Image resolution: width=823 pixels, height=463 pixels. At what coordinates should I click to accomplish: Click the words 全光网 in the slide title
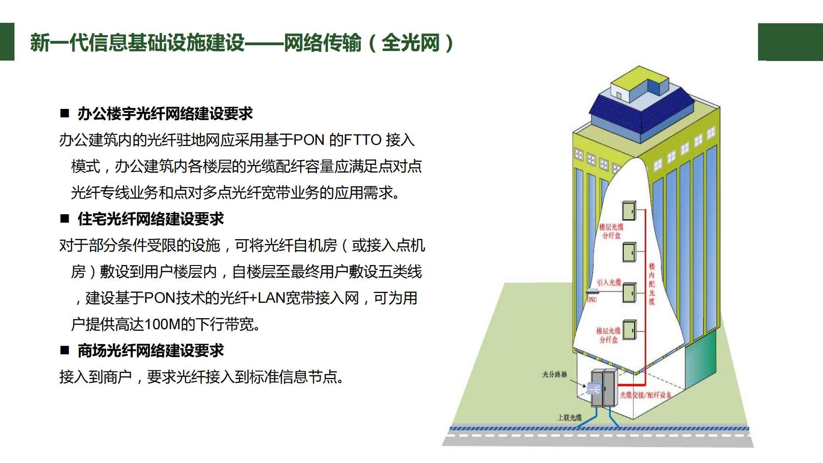[x=410, y=43]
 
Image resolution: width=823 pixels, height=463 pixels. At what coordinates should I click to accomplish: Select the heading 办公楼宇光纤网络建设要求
[x=165, y=114]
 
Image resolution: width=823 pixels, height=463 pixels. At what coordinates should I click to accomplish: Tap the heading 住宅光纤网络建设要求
[x=150, y=219]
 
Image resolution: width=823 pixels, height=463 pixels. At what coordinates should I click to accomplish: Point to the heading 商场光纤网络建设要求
[x=150, y=350]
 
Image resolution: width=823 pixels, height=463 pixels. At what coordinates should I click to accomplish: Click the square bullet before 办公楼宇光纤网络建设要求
[x=65, y=114]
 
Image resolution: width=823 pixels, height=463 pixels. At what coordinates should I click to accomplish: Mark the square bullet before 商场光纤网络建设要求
[x=65, y=350]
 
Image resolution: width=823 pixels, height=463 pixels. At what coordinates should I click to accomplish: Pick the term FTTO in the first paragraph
[x=363, y=140]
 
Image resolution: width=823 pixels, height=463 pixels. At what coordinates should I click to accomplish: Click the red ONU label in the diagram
[x=592, y=300]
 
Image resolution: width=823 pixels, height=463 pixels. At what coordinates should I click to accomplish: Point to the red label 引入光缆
[x=609, y=282]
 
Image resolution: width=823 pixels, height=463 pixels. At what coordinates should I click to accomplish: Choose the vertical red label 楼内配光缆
[x=652, y=284]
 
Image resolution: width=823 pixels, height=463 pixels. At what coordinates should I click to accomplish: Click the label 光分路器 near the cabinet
[x=554, y=374]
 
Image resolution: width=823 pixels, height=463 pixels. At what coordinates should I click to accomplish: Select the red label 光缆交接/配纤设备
[x=645, y=395]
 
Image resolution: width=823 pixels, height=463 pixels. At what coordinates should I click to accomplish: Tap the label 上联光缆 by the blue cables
[x=569, y=417]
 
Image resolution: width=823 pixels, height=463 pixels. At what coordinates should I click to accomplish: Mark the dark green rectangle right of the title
[x=790, y=42]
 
